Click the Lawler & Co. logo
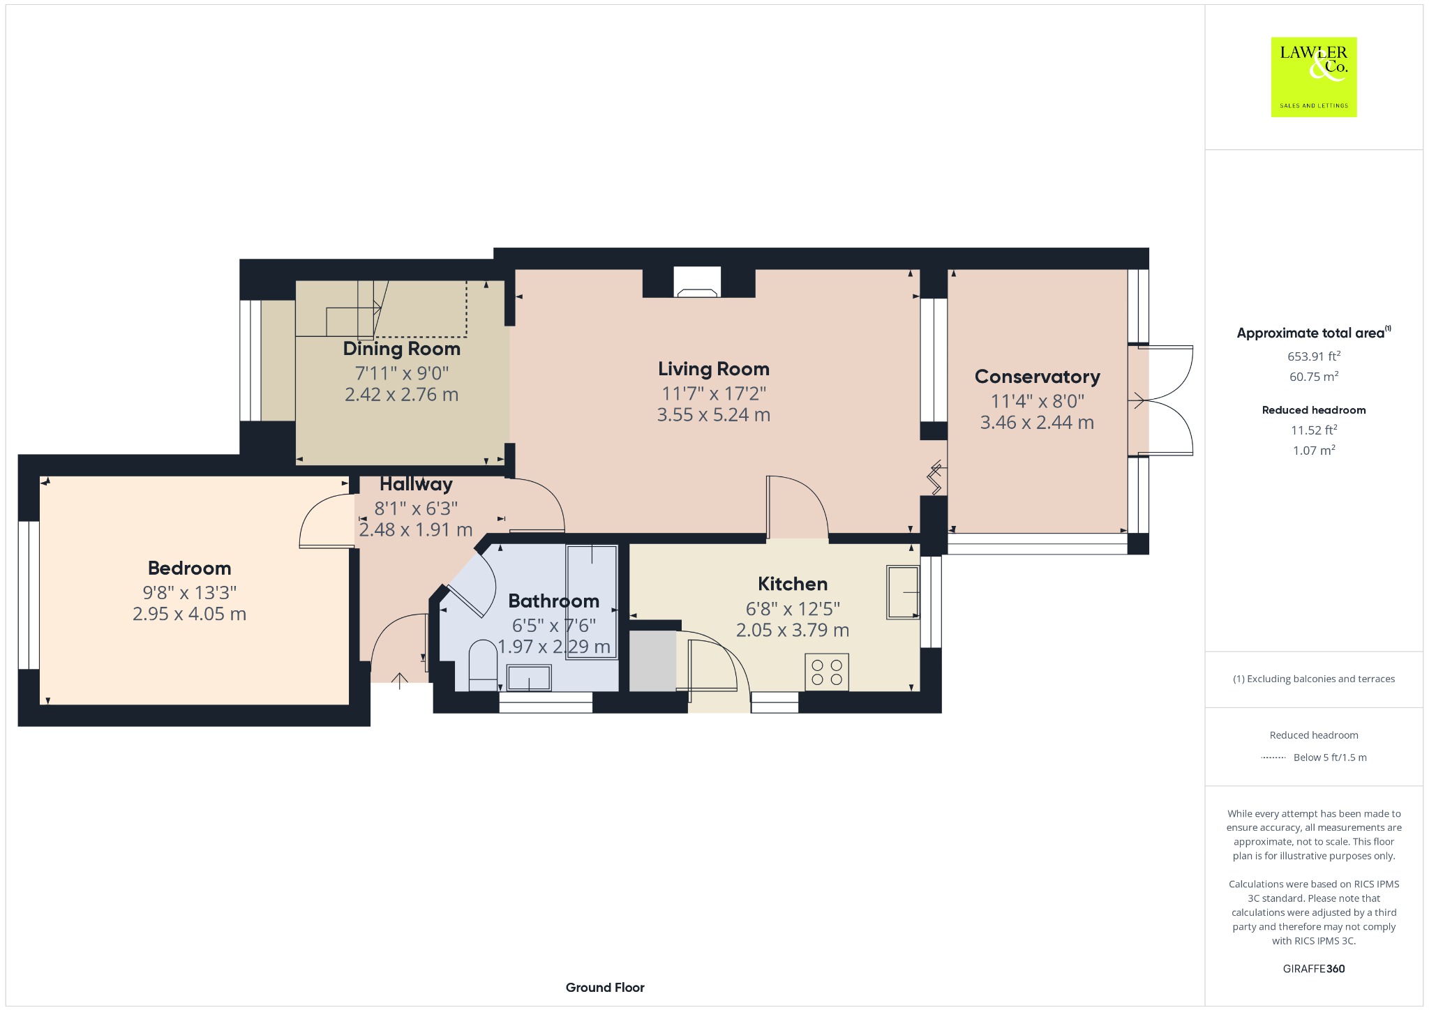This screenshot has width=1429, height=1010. (x=1314, y=77)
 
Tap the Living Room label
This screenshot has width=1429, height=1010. (x=714, y=369)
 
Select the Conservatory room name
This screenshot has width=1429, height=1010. (x=1038, y=377)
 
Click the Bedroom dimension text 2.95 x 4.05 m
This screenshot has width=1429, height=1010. (x=190, y=614)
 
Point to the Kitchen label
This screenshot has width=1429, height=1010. (x=793, y=584)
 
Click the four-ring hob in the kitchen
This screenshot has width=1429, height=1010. (x=827, y=672)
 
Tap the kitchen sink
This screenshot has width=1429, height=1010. (x=903, y=592)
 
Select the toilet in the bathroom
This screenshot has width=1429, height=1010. (x=483, y=665)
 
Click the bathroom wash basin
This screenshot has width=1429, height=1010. (x=529, y=678)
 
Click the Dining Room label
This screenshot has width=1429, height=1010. (x=402, y=349)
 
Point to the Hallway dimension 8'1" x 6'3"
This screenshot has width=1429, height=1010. (x=416, y=508)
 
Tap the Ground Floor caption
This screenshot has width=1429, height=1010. (x=605, y=987)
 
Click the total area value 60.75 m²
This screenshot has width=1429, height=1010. (x=1314, y=376)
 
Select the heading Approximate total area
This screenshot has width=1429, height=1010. (x=1310, y=333)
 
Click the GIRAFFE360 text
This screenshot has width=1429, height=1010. (x=1314, y=968)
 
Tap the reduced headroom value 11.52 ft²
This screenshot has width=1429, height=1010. (x=1314, y=430)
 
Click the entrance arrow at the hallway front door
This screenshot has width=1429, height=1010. (x=400, y=681)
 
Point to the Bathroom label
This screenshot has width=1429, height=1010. (x=554, y=601)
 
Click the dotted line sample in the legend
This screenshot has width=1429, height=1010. (x=1273, y=757)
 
